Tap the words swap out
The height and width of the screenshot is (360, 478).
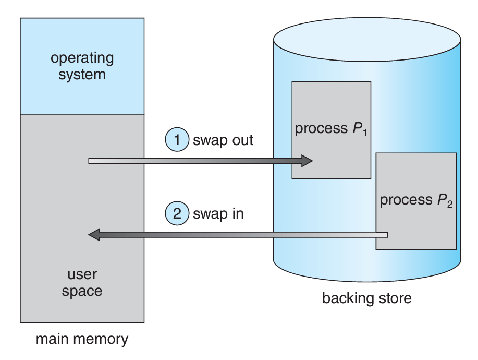(223, 140)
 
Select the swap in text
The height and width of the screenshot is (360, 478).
(218, 213)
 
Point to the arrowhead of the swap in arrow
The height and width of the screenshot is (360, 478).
(94, 234)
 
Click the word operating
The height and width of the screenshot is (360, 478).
(82, 58)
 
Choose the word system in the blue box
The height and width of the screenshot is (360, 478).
(82, 75)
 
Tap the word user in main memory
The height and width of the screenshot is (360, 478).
(82, 274)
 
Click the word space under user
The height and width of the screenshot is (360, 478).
(82, 291)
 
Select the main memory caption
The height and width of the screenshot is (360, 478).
(82, 339)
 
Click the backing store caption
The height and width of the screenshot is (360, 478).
(367, 298)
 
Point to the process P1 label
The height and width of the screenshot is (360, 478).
(328, 129)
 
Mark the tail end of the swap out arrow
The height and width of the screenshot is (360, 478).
(91, 161)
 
